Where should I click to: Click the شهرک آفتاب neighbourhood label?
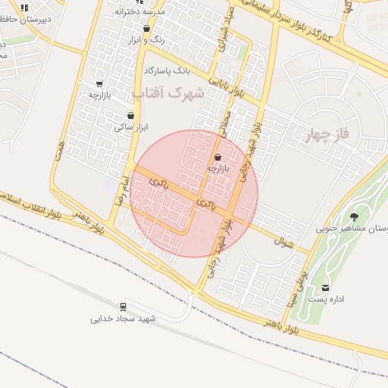pyautogui.click(x=168, y=93)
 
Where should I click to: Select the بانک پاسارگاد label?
pyautogui.click(x=166, y=70)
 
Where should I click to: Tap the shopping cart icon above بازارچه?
pyautogui.click(x=99, y=83)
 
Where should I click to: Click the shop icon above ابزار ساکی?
pyautogui.click(x=131, y=116)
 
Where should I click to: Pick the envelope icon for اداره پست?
pyautogui.click(x=326, y=287)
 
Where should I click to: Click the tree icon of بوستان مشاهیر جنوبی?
pyautogui.click(x=354, y=217)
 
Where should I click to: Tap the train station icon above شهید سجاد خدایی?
pyautogui.click(x=124, y=307)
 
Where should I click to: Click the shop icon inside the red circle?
pyautogui.click(x=218, y=157)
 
